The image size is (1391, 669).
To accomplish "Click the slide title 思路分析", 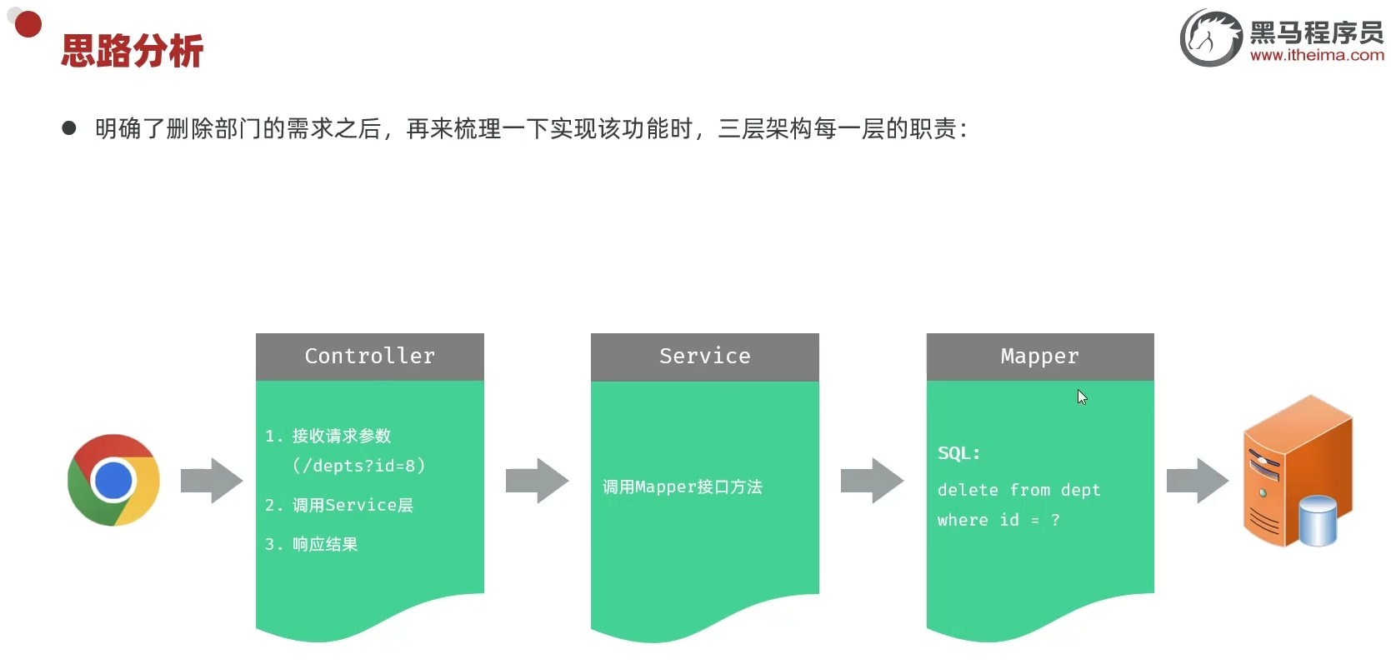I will coord(132,52).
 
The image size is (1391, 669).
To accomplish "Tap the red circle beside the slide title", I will coord(28,24).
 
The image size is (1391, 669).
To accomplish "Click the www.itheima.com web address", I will coord(1317,56).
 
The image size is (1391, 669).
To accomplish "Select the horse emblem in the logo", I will coord(1210,37).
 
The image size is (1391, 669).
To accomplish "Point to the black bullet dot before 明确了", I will coord(69,128).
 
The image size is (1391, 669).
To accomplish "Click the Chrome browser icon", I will coord(113,480).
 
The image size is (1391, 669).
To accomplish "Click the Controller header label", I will coord(369,357).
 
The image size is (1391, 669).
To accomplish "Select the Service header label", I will coord(704,357).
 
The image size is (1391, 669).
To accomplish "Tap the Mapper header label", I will coord(1039,357).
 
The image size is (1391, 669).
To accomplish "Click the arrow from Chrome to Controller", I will coord(212,481).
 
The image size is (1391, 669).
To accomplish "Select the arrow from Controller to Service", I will coord(537,481).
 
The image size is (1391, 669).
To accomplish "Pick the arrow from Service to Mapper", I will coord(872,481).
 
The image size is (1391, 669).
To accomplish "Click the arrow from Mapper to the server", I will coord(1197,481).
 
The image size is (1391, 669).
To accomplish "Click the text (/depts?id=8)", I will coord(358,466).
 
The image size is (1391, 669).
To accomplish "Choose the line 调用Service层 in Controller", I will coord(352,505).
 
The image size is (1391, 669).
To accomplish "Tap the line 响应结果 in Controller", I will coord(324,544).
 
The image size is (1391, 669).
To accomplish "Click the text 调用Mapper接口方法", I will coord(682,487).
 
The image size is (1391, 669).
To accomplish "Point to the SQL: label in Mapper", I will coord(958,453).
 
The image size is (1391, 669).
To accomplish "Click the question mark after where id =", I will coord(1055,520).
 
